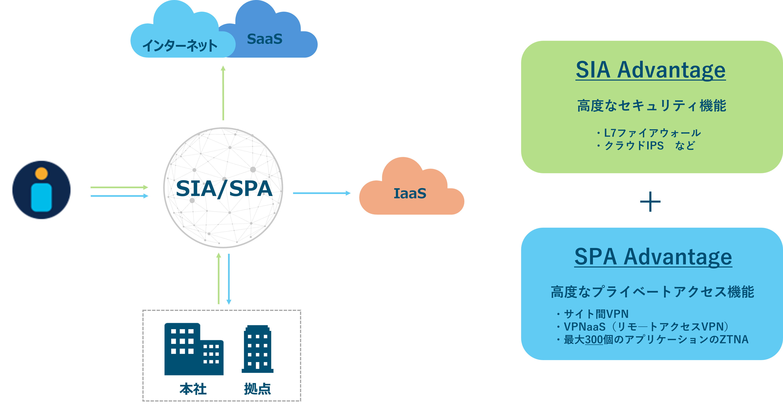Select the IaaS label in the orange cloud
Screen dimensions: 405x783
coord(410,193)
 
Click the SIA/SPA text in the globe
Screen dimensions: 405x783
coord(224,189)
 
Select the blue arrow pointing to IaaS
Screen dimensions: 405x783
coord(322,193)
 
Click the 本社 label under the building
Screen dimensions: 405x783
coord(193,389)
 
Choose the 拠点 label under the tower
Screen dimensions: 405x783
coord(257,389)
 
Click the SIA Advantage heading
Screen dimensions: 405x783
coord(650,70)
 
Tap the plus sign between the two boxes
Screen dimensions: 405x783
coord(650,202)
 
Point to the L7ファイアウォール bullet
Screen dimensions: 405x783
coord(649,133)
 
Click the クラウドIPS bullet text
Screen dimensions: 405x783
coord(634,146)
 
